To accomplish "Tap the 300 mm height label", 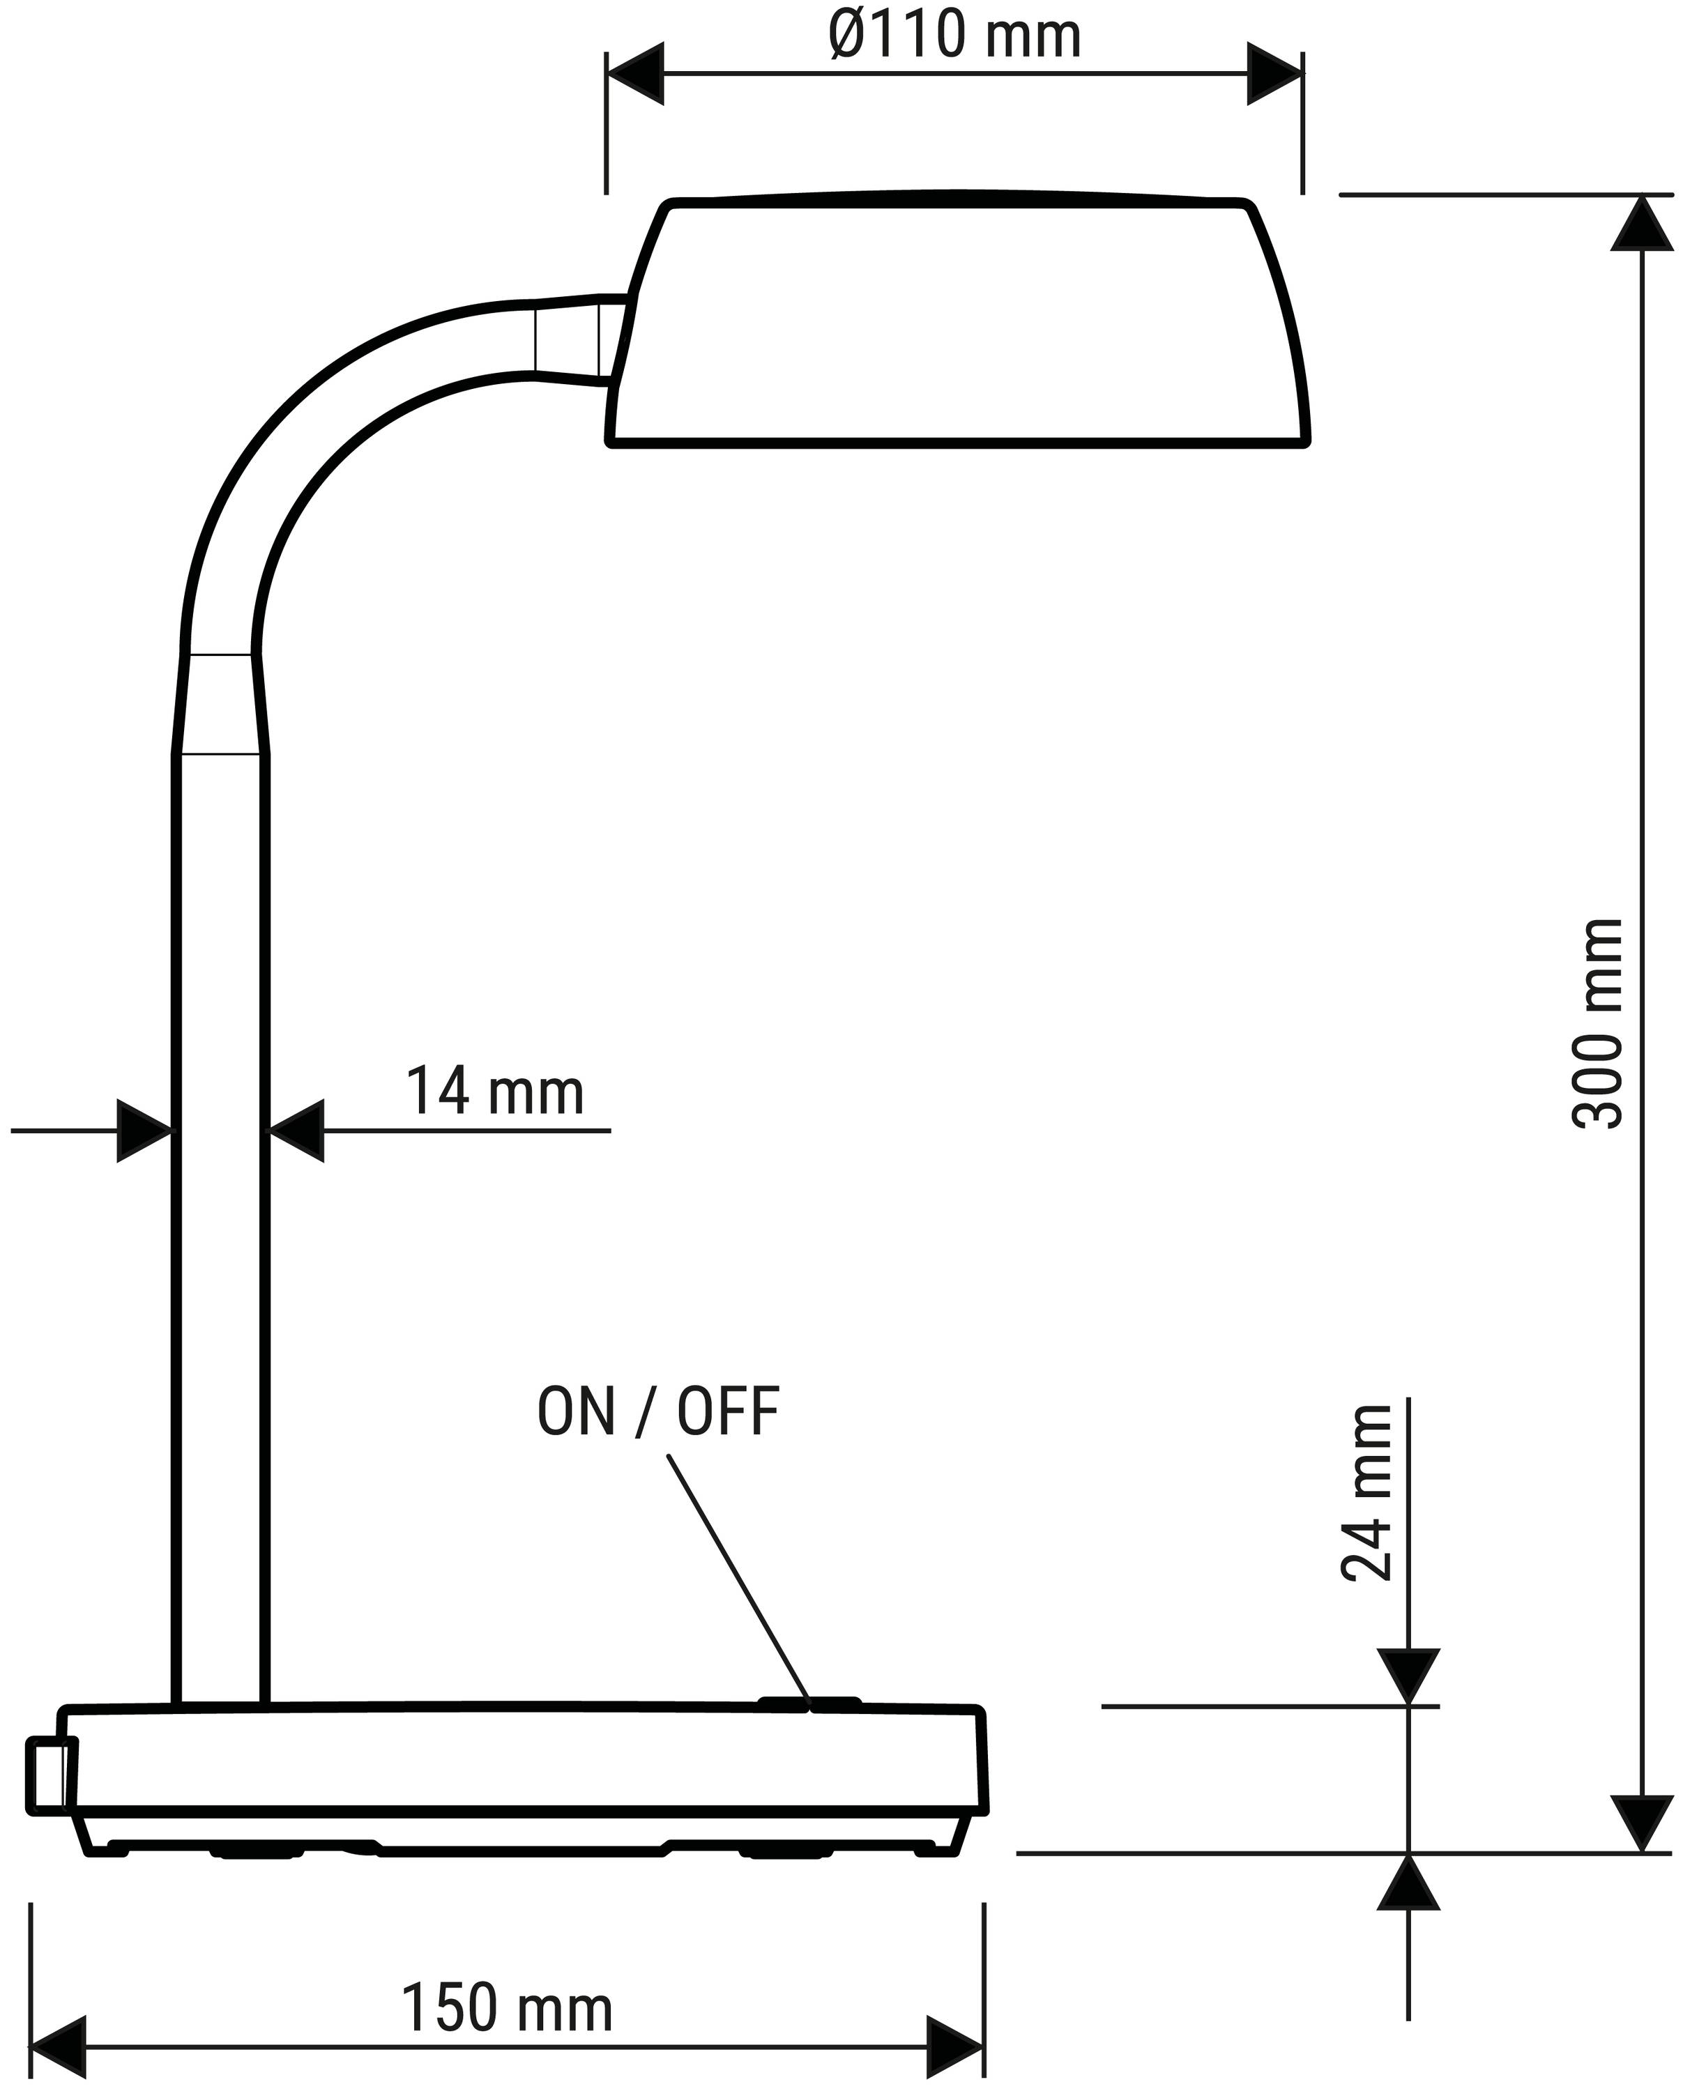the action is [x=1597, y=1023].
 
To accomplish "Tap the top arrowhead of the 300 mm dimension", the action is [x=1643, y=223].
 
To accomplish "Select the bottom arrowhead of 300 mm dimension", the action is [x=1643, y=1824].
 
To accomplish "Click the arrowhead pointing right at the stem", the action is [x=146, y=1131].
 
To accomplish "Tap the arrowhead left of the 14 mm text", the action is [x=295, y=1131].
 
